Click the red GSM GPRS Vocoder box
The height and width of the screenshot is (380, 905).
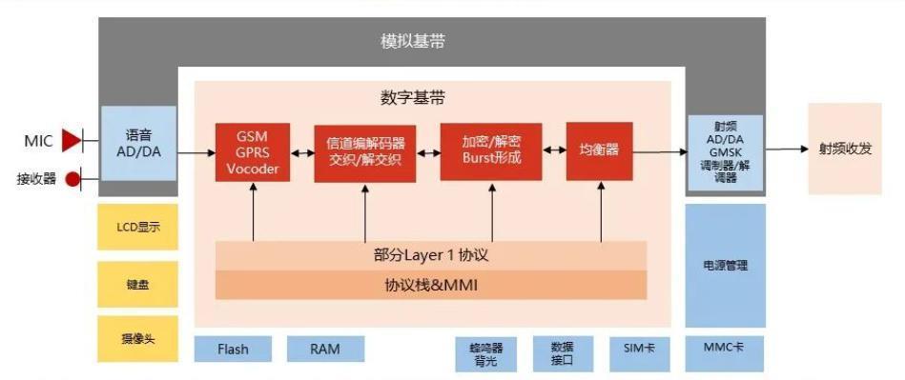coord(253,152)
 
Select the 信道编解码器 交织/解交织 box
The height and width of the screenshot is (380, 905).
coord(364,152)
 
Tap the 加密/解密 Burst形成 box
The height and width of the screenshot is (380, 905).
coord(491,152)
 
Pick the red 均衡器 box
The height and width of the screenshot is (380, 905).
coord(599,150)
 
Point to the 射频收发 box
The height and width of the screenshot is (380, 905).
coord(845,150)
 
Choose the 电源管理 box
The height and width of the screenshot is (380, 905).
coord(725,266)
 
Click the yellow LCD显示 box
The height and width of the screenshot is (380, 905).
coord(137,228)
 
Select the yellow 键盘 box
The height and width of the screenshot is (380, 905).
coord(137,284)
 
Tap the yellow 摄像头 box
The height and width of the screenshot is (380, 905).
coord(137,339)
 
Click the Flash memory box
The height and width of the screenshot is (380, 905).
coord(233,349)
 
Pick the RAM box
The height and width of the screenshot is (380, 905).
coord(325,349)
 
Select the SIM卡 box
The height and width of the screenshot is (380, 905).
coord(638,350)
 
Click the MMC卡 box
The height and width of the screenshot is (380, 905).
coord(725,350)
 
